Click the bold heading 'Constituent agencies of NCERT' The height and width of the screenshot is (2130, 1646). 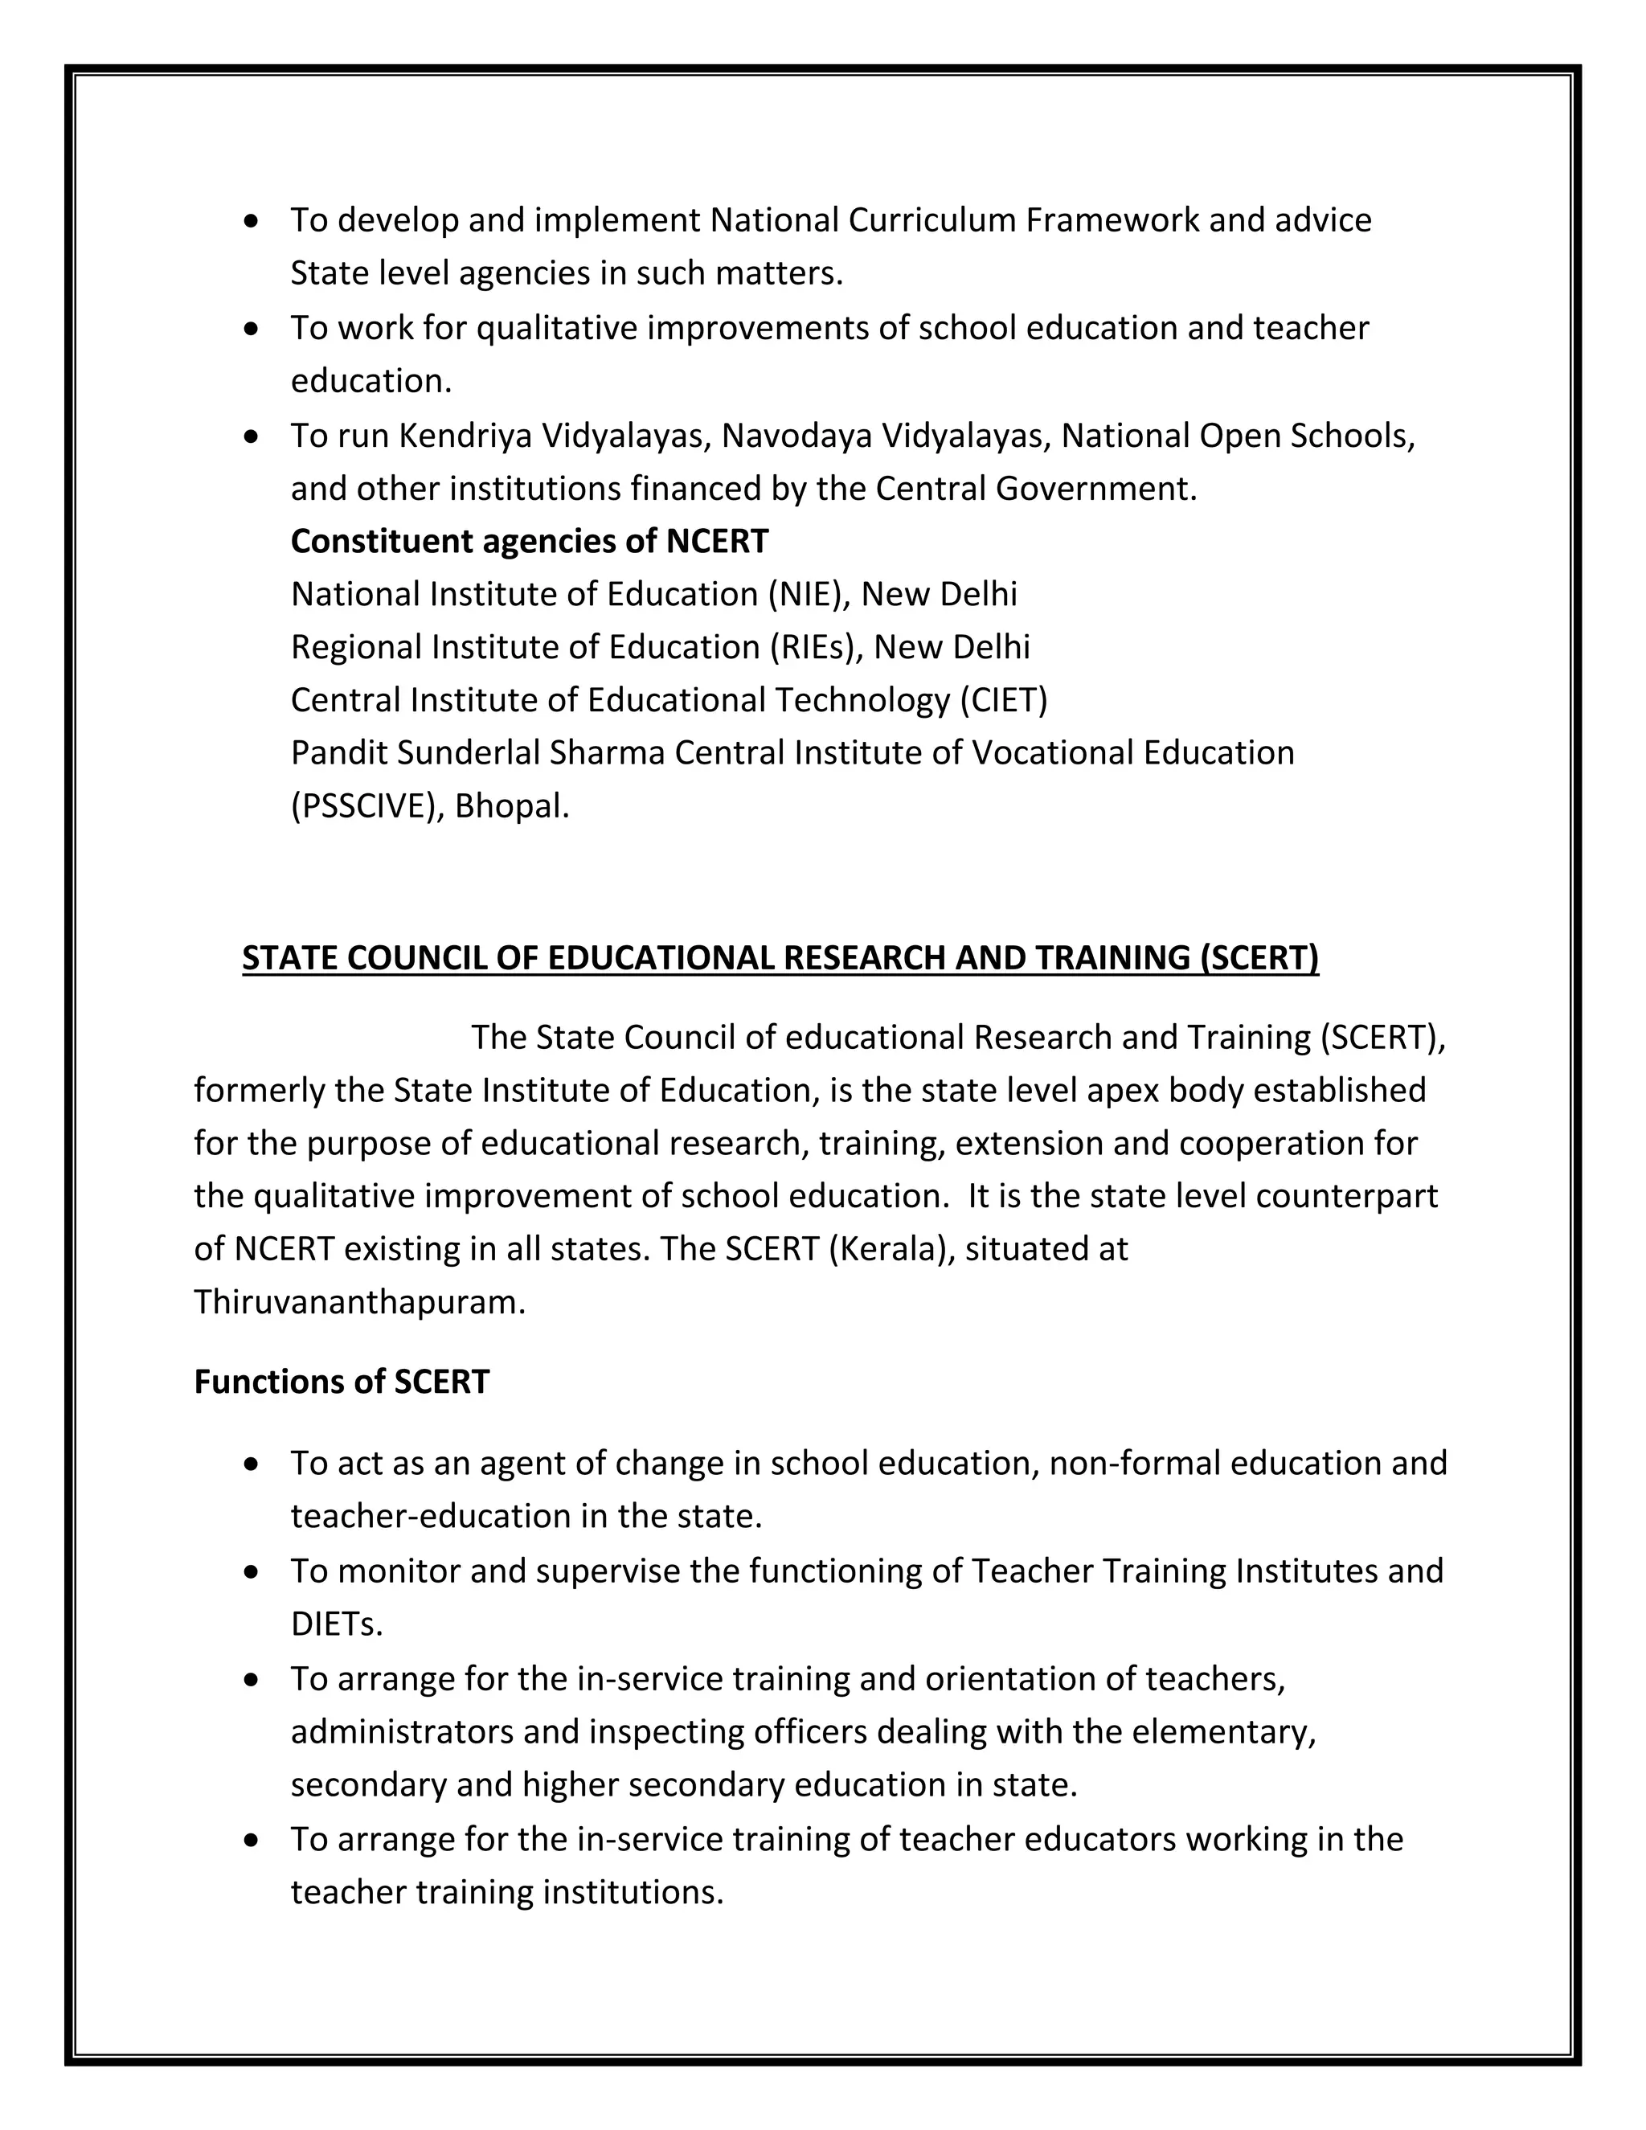click(530, 541)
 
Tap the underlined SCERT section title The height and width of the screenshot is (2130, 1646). click(780, 958)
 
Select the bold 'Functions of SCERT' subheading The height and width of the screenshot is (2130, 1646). click(342, 1382)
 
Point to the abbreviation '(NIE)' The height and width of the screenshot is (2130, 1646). click(805, 594)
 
